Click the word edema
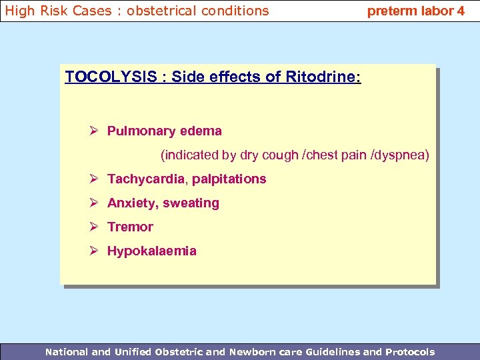(201, 131)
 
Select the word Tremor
(130, 227)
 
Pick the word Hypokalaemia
(151, 251)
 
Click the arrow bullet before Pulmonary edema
(95, 131)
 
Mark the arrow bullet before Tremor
(95, 227)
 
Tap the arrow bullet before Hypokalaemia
(95, 251)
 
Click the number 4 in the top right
(461, 11)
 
